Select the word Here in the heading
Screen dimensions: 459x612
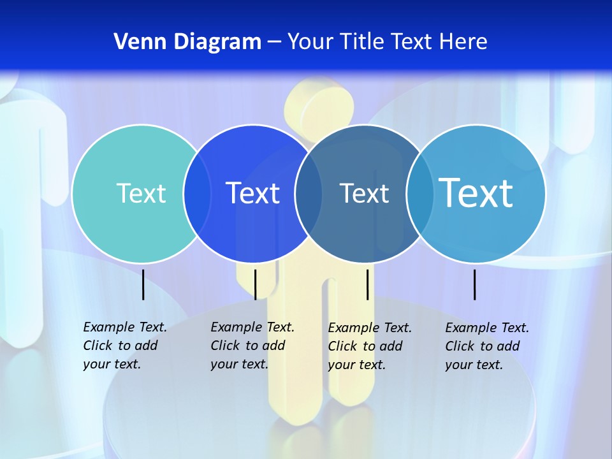pos(463,42)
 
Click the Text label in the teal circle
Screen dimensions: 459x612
pos(141,193)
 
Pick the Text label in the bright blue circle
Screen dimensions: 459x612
pos(253,193)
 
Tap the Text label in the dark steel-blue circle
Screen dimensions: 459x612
pos(364,193)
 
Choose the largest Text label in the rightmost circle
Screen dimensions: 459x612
pos(476,193)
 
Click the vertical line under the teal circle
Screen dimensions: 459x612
pos(143,284)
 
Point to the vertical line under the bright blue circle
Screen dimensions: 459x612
pos(255,284)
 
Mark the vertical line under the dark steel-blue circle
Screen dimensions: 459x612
pos(367,284)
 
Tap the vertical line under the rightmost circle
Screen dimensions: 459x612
pos(474,284)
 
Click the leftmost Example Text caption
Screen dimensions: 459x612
pos(124,346)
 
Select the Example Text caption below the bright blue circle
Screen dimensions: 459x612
pos(252,346)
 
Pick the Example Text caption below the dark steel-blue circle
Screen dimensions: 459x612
pos(369,346)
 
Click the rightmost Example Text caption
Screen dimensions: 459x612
pos(486,346)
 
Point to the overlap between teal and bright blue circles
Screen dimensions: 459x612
pos(197,193)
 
